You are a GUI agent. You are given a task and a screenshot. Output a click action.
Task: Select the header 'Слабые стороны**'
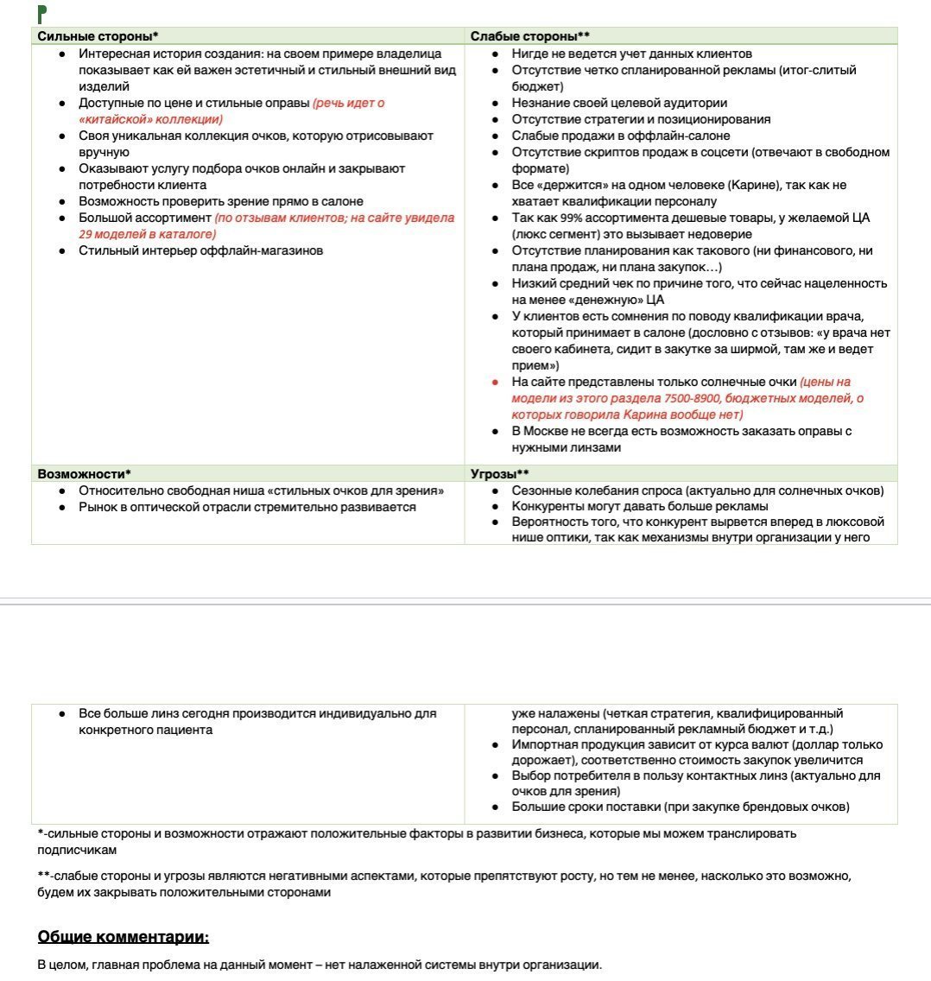[529, 36]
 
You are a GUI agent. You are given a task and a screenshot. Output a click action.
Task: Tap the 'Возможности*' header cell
[84, 474]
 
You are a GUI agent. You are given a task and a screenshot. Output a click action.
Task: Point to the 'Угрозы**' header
[499, 474]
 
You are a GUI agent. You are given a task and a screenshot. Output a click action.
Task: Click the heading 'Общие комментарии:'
[123, 937]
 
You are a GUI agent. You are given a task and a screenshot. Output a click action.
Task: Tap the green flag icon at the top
[41, 13]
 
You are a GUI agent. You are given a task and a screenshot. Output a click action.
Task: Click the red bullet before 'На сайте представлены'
[495, 382]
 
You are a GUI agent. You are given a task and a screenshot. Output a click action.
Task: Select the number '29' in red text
[86, 234]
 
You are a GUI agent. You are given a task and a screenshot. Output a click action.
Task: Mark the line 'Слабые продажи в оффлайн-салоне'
[620, 136]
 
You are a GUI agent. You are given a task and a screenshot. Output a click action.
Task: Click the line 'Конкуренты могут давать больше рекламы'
[639, 507]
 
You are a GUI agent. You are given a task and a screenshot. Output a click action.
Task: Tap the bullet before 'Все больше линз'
[62, 714]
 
